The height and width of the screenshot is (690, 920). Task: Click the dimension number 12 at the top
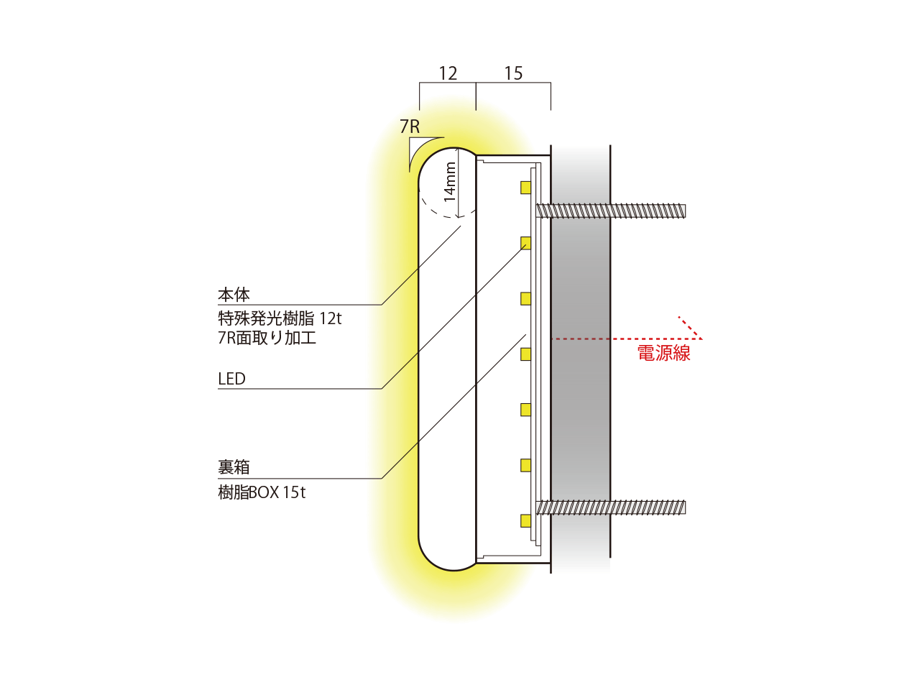pyautogui.click(x=448, y=73)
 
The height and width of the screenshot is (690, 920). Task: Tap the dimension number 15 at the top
pyautogui.click(x=513, y=73)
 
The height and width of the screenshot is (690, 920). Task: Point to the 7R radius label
pyautogui.click(x=410, y=126)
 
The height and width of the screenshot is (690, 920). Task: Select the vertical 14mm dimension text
pyautogui.click(x=450, y=181)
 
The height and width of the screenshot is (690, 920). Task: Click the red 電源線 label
pyautogui.click(x=663, y=353)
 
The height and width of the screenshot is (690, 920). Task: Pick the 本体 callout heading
pyautogui.click(x=234, y=295)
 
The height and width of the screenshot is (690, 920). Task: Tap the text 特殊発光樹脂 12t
pyautogui.click(x=280, y=318)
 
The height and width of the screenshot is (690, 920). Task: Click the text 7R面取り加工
pyautogui.click(x=267, y=338)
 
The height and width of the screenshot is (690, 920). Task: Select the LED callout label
pyautogui.click(x=231, y=379)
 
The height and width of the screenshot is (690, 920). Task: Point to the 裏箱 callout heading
pyautogui.click(x=234, y=467)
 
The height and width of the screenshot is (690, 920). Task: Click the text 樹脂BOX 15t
pyautogui.click(x=262, y=492)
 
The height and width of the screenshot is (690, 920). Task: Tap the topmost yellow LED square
pyautogui.click(x=526, y=188)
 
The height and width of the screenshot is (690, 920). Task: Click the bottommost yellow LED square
pyautogui.click(x=526, y=521)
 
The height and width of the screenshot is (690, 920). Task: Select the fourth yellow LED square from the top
pyautogui.click(x=526, y=354)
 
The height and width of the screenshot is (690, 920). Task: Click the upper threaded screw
pyautogui.click(x=611, y=211)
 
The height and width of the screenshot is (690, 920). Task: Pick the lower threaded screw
pyautogui.click(x=611, y=507)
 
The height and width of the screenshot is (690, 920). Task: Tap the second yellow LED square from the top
pyautogui.click(x=526, y=243)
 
